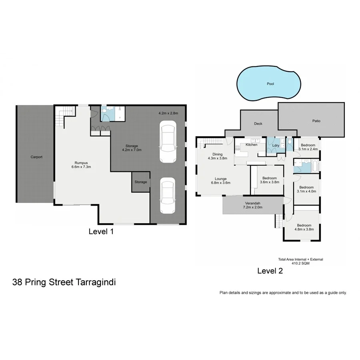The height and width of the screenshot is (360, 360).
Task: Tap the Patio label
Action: [316, 121]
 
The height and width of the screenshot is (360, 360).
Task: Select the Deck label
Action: [258, 124]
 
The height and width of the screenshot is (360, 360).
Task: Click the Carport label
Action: [36, 157]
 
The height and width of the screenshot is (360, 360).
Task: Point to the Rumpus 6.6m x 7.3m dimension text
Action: [81, 167]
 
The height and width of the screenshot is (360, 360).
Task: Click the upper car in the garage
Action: [168, 142]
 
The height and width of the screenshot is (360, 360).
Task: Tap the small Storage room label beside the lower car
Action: [141, 182]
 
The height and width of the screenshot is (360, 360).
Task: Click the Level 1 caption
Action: [101, 231]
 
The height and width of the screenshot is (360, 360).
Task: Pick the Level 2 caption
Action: [270, 271]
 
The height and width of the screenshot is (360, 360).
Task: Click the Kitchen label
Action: [251, 144]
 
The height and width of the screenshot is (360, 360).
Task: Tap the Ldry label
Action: [275, 145]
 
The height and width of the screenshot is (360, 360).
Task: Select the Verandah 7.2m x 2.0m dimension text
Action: [252, 208]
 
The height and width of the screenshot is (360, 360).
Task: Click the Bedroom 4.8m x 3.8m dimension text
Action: [304, 230]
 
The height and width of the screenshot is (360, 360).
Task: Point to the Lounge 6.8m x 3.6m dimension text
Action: [220, 183]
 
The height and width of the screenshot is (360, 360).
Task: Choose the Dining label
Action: [218, 154]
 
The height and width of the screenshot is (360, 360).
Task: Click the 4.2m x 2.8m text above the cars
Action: [168, 113]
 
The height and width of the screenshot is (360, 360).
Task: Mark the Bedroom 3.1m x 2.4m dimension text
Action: [308, 149]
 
